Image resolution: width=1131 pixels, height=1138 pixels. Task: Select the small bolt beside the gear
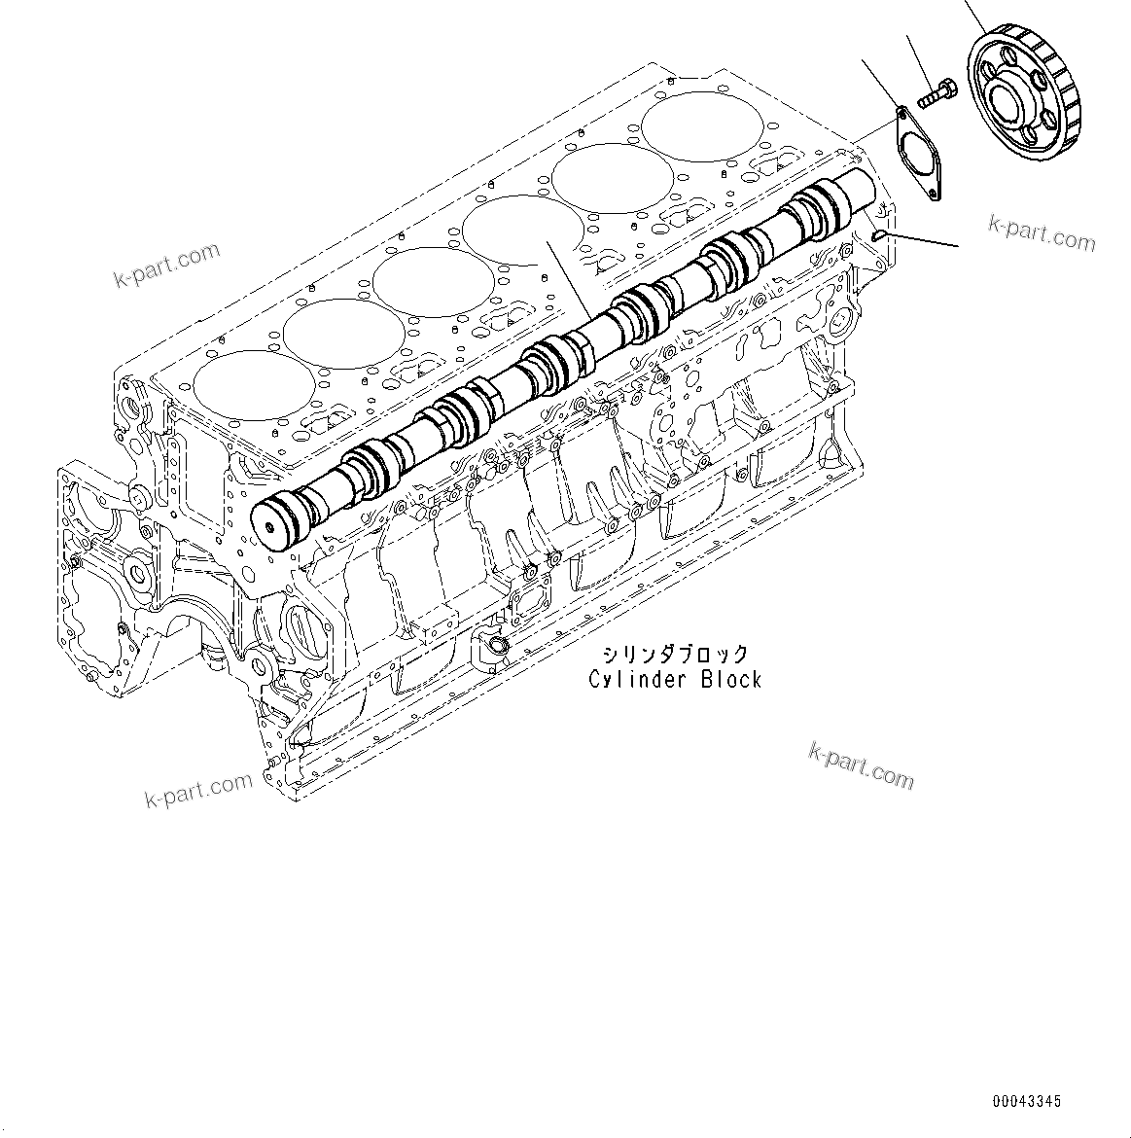932,94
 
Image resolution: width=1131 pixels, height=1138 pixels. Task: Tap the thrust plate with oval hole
918,156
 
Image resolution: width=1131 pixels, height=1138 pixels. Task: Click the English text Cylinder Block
675,680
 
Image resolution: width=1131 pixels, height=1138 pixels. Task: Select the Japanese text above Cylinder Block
675,654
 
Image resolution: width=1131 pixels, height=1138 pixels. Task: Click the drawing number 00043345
1027,1102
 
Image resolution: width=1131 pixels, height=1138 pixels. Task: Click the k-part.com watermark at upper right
1042,231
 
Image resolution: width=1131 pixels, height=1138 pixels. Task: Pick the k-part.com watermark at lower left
198,789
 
